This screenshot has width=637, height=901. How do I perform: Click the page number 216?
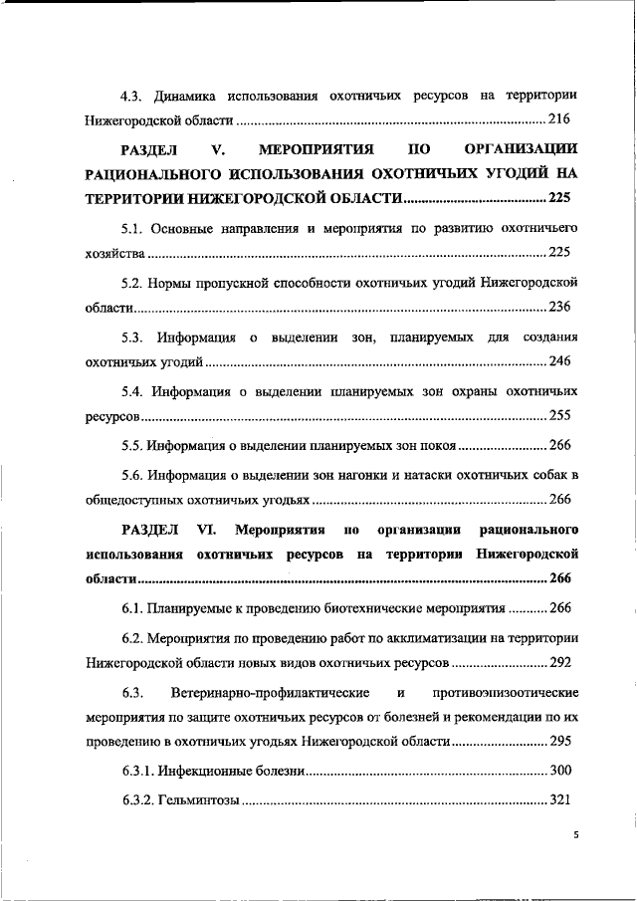tap(559, 121)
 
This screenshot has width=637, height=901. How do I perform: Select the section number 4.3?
tap(132, 96)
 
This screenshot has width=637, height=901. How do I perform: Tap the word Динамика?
tap(185, 96)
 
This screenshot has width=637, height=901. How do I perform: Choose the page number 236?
tap(559, 306)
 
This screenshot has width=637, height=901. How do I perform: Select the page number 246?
tap(559, 358)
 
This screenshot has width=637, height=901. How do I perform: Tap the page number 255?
tap(559, 412)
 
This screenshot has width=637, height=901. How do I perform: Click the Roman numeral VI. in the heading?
tap(219, 526)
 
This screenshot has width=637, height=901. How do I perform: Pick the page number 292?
tap(559, 660)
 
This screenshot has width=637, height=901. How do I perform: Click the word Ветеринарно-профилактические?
tap(272, 690)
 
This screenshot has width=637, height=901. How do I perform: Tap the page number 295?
tap(559, 742)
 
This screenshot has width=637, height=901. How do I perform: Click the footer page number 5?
tap(575, 836)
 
